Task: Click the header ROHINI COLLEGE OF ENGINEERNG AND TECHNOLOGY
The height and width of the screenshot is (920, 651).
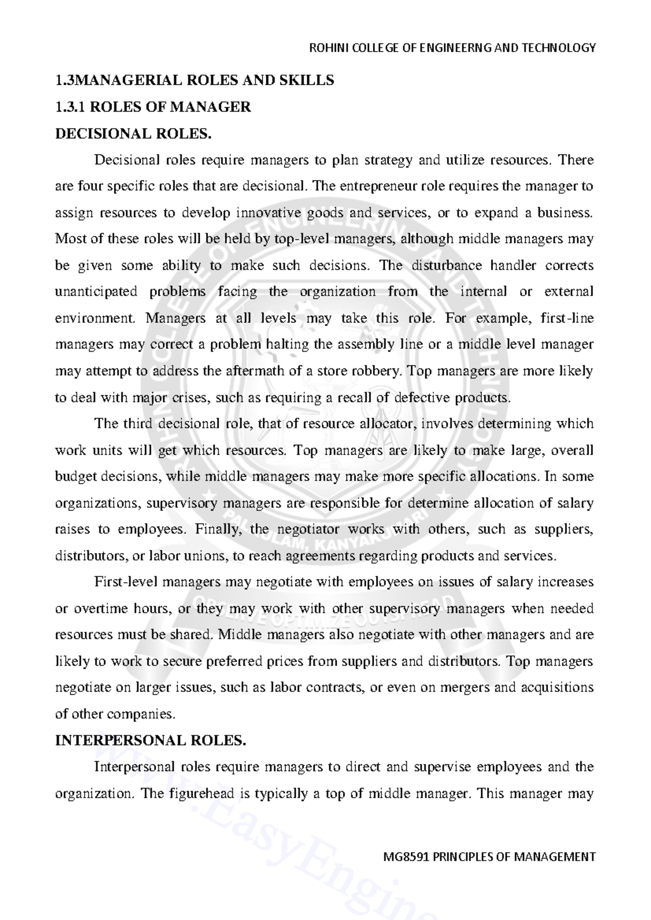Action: (x=452, y=48)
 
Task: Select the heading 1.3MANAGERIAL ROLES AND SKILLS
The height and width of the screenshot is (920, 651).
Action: (x=195, y=81)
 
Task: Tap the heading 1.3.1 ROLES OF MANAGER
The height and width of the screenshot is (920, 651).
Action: (x=153, y=107)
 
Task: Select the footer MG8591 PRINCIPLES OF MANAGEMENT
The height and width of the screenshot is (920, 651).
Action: (x=489, y=857)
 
